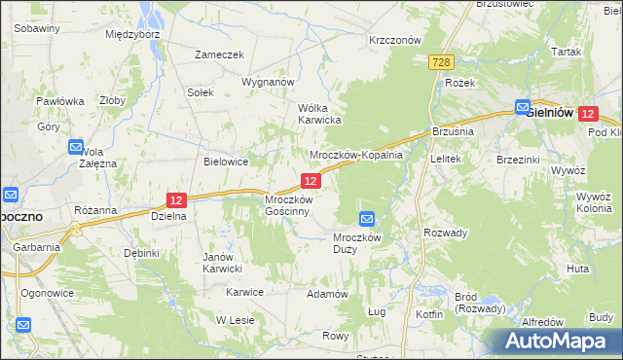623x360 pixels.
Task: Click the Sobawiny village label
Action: click(37, 28)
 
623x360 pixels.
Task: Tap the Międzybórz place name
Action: click(132, 33)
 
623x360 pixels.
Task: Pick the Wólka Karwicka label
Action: click(318, 114)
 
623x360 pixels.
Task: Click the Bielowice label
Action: click(226, 162)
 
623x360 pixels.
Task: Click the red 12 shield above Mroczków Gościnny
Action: click(311, 181)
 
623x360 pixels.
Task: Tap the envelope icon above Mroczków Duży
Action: click(367, 220)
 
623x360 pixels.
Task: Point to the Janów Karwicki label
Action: click(222, 263)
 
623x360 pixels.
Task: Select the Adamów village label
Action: click(327, 293)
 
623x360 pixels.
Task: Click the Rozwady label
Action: click(446, 233)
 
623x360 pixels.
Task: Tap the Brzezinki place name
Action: click(518, 160)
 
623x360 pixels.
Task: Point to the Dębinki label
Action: click(141, 253)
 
